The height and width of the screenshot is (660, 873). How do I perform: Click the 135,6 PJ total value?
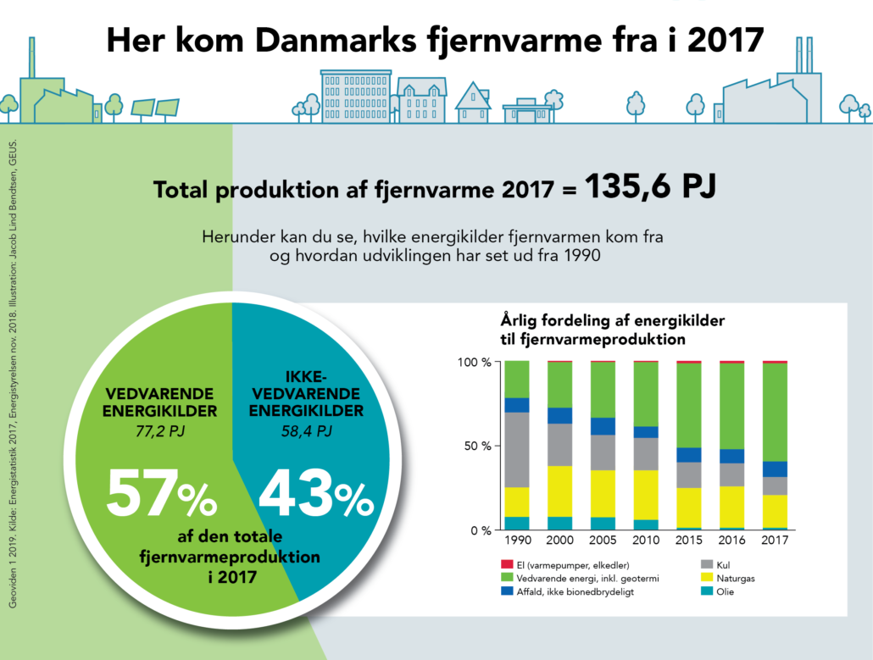pyautogui.click(x=650, y=187)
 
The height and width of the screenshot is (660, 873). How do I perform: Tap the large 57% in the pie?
pyautogui.click(x=162, y=496)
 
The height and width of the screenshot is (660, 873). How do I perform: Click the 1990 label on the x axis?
pyautogui.click(x=516, y=541)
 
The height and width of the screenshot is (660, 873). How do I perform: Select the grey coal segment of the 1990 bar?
pyautogui.click(x=516, y=450)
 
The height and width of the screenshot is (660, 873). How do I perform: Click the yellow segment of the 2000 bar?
pyautogui.click(x=559, y=491)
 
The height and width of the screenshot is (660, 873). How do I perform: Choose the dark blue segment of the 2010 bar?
pyautogui.click(x=646, y=432)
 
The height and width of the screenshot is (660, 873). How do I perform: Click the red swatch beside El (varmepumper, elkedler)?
pyautogui.click(x=505, y=564)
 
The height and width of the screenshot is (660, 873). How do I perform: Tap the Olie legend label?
pyautogui.click(x=724, y=591)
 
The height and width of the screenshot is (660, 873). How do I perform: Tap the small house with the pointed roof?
pyautogui.click(x=473, y=103)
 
